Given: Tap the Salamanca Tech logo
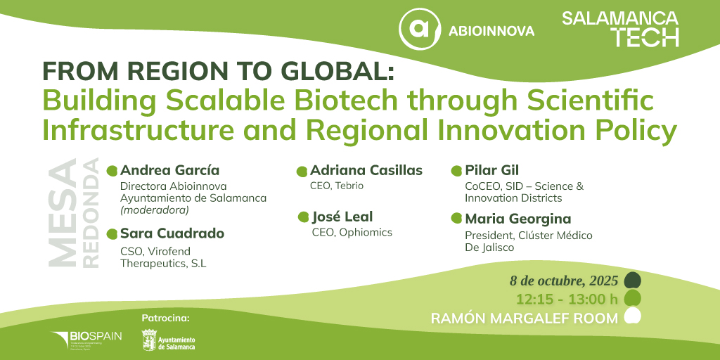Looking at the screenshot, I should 620,28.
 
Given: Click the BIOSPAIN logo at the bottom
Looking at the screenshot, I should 86,338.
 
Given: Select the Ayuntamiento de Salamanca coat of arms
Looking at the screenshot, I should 148,340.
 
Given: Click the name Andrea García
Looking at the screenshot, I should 169,170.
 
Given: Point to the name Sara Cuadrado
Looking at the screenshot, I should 172,233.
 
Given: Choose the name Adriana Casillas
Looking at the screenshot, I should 366,170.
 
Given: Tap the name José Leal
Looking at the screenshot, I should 342,217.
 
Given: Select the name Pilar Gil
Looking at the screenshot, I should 491,170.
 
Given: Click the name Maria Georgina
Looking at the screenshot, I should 517,219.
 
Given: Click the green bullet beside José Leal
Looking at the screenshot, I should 303,217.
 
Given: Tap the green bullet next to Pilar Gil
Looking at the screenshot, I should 456,171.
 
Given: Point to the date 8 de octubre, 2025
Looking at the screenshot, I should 564,281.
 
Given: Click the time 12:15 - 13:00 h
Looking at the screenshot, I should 567,299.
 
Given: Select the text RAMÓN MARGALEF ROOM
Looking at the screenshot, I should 525,319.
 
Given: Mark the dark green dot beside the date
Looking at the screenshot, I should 632,280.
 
